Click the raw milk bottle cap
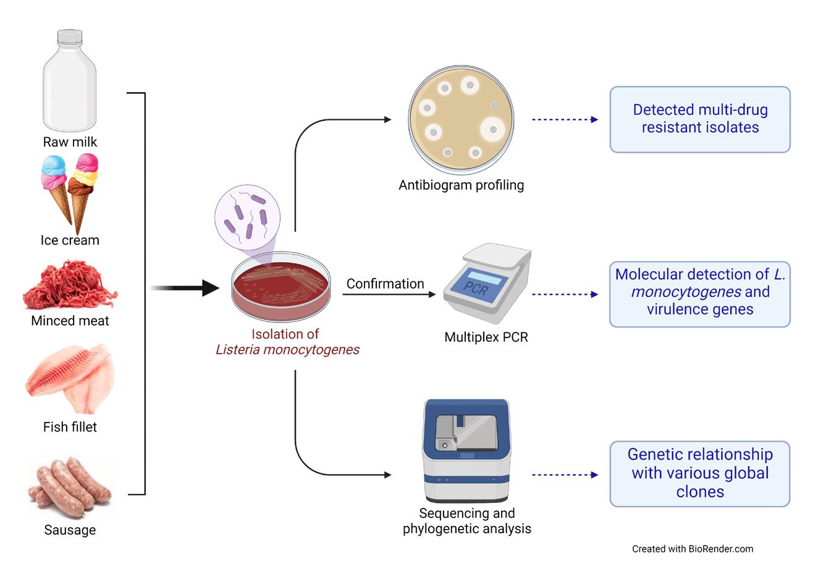coord(70,36)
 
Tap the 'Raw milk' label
coord(70,142)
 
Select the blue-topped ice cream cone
coord(56,185)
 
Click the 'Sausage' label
coord(70,530)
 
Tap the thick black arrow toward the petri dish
coord(185,288)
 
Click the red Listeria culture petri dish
coord(281,285)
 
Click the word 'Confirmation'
coord(385,284)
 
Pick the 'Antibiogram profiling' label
coord(461,185)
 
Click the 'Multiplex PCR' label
coord(486,337)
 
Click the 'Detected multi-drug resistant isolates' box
coord(700,119)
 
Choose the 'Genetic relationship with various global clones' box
coord(700,473)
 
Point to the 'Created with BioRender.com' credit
coord(693,549)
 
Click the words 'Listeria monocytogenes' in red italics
coord(287,350)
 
